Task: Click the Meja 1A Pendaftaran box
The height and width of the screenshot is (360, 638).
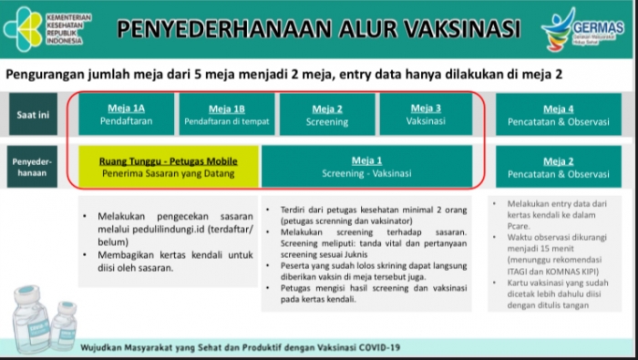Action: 126,114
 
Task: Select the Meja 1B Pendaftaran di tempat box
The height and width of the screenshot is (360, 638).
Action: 226,114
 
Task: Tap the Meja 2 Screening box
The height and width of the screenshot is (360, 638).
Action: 326,114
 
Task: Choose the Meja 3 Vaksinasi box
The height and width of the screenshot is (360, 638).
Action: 427,114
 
